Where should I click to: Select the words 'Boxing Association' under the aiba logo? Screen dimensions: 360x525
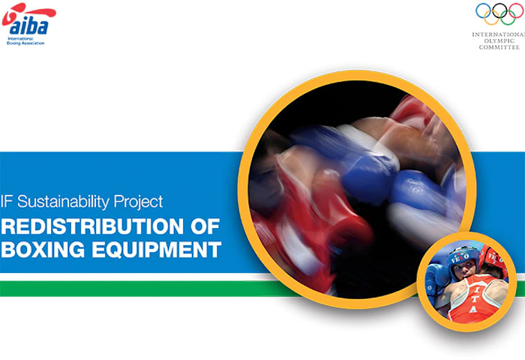(x=27, y=43)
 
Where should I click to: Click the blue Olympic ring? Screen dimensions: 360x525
(x=484, y=11)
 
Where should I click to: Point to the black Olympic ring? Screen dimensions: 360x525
(x=499, y=11)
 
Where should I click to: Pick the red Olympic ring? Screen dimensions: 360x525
(x=515, y=11)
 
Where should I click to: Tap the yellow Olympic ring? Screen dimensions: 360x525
(x=492, y=18)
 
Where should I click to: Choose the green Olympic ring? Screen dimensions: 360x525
(x=508, y=18)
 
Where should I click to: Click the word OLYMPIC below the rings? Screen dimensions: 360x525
(x=499, y=40)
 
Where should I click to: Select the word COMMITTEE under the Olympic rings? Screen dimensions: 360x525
(x=499, y=47)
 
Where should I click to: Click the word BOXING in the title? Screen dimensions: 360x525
(x=42, y=249)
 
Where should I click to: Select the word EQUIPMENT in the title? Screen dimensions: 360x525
(x=155, y=249)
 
